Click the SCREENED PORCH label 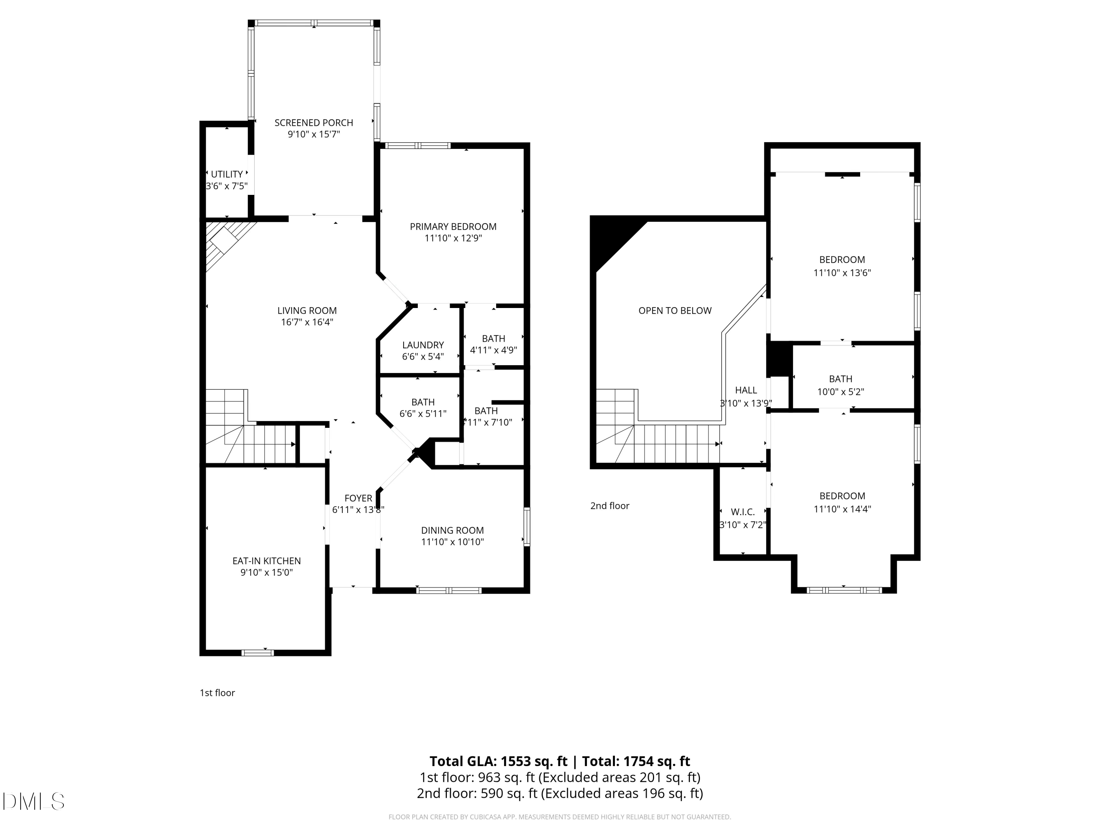click(314, 122)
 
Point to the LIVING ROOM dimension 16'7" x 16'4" click(307, 323)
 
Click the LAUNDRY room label click(423, 345)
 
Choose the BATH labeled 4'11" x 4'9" click(493, 338)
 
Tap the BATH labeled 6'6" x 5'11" click(423, 402)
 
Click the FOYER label click(358, 498)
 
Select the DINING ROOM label click(452, 530)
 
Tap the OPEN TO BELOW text click(675, 310)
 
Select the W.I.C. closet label click(743, 512)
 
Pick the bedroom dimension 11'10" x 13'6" click(842, 273)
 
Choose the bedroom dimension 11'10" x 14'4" click(842, 509)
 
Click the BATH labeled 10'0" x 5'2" click(840, 379)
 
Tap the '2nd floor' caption click(610, 506)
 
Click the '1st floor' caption click(217, 693)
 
